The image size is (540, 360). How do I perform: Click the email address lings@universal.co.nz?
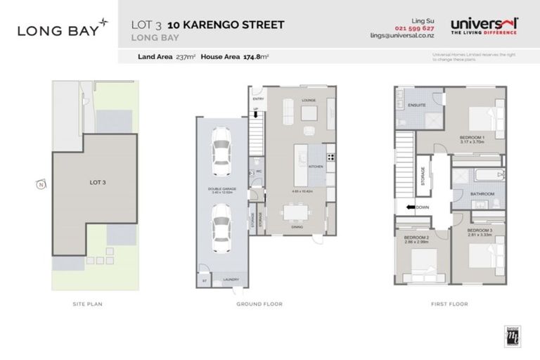point(403,35)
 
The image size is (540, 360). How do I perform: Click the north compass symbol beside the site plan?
point(41,185)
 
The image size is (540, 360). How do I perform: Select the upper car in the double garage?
point(221,150)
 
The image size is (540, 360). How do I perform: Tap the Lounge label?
point(309,101)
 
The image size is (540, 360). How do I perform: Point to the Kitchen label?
point(315,166)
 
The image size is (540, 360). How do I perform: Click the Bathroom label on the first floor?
point(482,194)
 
